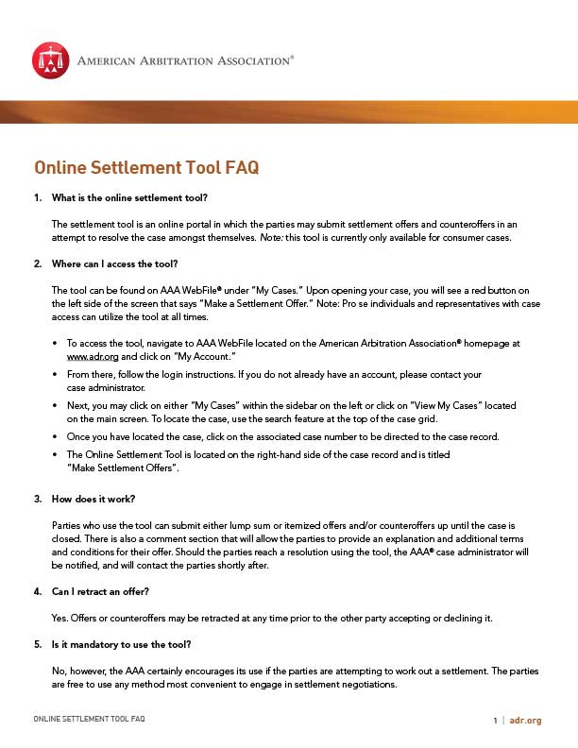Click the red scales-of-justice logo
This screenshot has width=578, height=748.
click(x=51, y=59)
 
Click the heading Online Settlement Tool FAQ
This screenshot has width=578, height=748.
click(x=146, y=168)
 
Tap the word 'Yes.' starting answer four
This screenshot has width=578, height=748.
click(x=61, y=618)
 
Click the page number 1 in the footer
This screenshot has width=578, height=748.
click(x=494, y=721)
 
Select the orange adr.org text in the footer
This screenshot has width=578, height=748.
click(x=525, y=721)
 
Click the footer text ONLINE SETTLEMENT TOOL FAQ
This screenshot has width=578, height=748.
click(x=89, y=720)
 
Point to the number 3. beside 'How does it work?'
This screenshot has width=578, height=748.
click(x=38, y=498)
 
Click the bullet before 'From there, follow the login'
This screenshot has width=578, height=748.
click(x=57, y=375)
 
